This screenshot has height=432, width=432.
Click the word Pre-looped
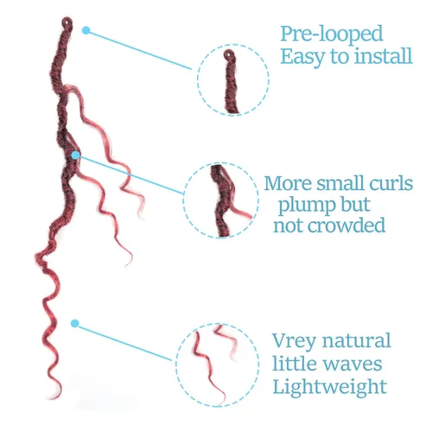point(332,35)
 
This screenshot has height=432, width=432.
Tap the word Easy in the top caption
point(303,57)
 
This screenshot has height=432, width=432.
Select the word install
point(383,55)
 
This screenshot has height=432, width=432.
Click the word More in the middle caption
point(288,183)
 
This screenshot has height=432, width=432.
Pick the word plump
point(307,206)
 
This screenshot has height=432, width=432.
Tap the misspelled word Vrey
point(294,342)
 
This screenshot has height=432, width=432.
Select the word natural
point(357,340)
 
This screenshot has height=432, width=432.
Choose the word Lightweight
point(330,387)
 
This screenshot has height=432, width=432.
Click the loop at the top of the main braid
point(67,22)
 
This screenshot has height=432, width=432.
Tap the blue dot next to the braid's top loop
point(86,30)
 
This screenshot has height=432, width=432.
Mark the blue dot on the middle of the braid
point(76,156)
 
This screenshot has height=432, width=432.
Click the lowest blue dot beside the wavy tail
point(75,323)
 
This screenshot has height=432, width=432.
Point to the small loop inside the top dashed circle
point(230,54)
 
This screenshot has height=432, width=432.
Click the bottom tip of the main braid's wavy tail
point(52,398)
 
